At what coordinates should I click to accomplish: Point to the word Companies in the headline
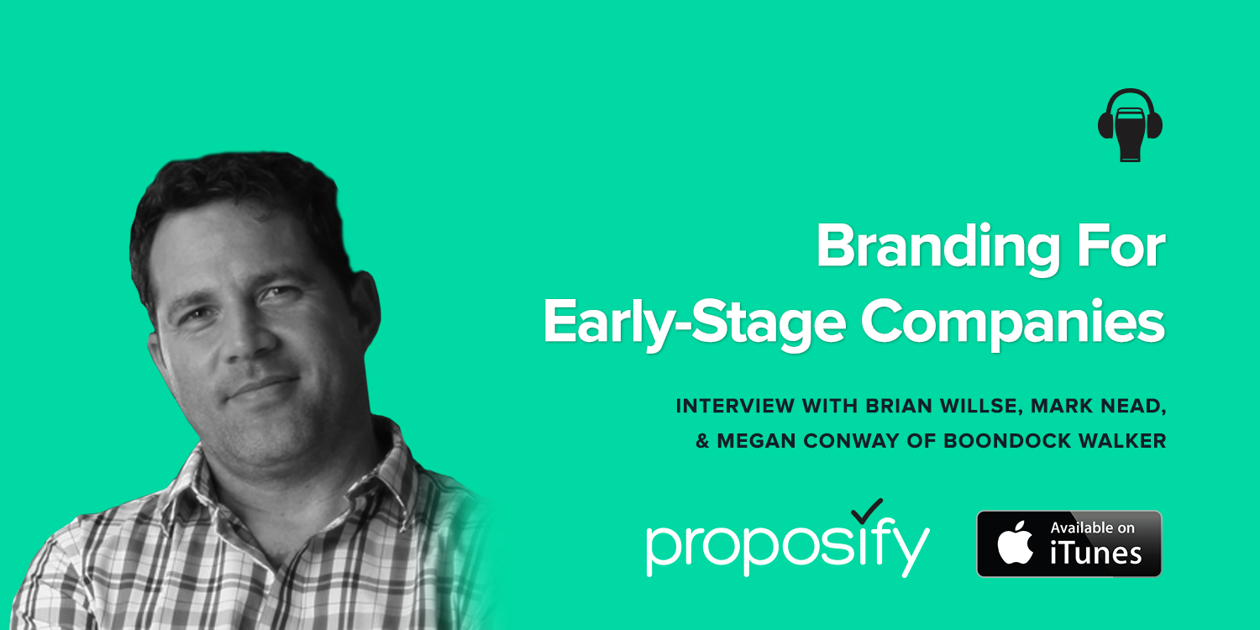click(1013, 324)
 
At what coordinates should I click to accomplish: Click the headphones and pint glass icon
click(1130, 125)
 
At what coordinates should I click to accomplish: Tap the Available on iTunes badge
click(1068, 543)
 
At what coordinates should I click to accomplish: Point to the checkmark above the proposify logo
click(867, 511)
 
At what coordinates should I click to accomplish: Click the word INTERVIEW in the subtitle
click(735, 406)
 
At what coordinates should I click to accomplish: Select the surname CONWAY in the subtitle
click(851, 441)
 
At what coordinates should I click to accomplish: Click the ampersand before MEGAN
click(702, 441)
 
